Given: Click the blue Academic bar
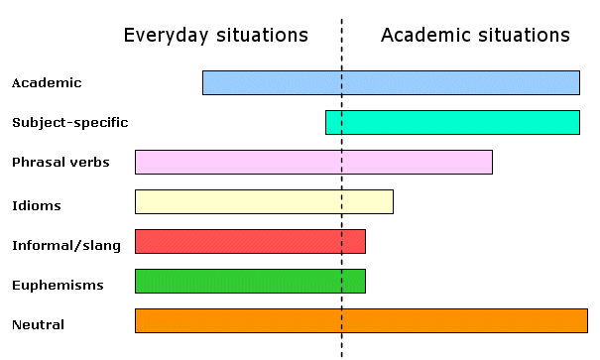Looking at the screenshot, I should click(391, 82).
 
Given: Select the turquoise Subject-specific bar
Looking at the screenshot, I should click(452, 122).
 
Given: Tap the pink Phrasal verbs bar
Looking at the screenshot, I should click(313, 162).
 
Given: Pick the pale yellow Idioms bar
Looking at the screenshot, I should click(264, 201).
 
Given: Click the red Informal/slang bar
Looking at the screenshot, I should click(250, 241).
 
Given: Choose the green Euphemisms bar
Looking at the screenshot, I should click(250, 281).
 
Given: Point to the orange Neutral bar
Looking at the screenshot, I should click(361, 320).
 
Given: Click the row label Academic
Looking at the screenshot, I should click(47, 83).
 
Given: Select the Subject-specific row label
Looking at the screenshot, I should click(69, 123).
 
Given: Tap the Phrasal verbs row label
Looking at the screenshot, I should click(60, 162).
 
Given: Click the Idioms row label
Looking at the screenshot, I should click(37, 206).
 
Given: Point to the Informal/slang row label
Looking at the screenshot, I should click(66, 245).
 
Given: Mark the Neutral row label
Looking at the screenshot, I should click(39, 324).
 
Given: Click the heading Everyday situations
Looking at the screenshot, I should click(215, 36).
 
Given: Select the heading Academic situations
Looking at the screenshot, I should click(475, 36).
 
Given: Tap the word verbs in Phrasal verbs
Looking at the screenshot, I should click(90, 162).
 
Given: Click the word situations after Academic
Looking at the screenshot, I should click(524, 36).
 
